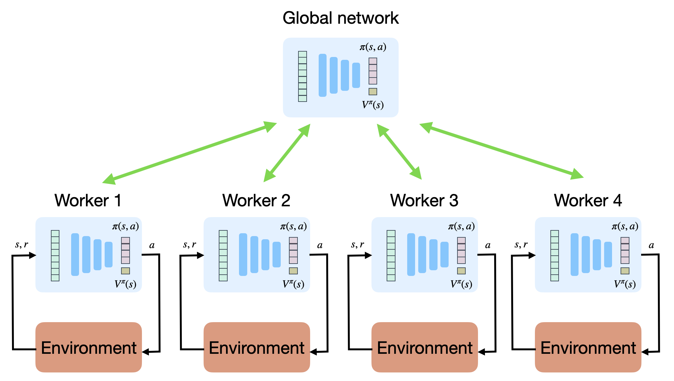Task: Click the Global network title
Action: click(340, 18)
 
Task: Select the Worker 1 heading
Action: click(88, 200)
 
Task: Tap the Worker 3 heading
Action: click(424, 200)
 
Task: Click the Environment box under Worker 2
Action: click(256, 347)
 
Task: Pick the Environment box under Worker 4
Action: click(588, 347)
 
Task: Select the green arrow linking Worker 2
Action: click(287, 153)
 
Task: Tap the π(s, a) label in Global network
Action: click(373, 47)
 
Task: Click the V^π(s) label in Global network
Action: click(373, 105)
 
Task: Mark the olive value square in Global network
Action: click(373, 91)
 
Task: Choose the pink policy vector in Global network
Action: click(373, 71)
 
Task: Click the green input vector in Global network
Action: click(303, 76)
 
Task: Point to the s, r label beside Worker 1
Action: click(21, 245)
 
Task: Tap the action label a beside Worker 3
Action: click(488, 245)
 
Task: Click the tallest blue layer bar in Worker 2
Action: click(243, 254)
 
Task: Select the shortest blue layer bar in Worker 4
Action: click(608, 254)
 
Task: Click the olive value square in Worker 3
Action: click(461, 271)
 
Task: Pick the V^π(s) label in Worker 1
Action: click(126, 284)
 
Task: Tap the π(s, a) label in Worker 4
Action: click(625, 226)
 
